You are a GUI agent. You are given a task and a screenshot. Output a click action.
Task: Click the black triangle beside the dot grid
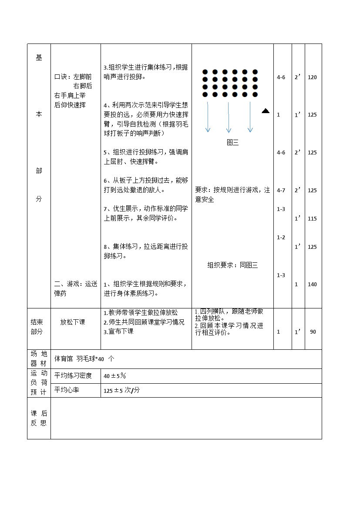click(x=266, y=111)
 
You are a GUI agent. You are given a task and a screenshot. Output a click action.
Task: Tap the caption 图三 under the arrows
click(x=232, y=142)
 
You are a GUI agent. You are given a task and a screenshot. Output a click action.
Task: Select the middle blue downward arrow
click(x=229, y=117)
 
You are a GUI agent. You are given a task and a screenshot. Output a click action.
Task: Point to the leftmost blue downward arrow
click(x=208, y=117)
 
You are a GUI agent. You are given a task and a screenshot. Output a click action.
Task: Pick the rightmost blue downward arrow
click(x=250, y=117)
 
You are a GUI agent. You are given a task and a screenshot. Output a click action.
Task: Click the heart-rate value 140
click(x=312, y=285)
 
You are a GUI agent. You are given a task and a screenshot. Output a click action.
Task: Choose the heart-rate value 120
click(x=312, y=77)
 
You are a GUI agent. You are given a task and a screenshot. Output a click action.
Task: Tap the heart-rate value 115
click(x=312, y=219)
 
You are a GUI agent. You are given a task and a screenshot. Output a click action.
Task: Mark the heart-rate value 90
click(x=313, y=332)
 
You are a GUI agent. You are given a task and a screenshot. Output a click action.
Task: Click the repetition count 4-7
click(x=281, y=190)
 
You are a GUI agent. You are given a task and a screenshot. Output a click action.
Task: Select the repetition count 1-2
click(x=281, y=237)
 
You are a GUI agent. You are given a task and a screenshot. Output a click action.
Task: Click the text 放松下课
click(x=73, y=322)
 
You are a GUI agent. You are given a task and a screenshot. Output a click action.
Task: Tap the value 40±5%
click(x=115, y=376)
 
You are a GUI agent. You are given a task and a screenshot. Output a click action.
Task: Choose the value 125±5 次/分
click(x=122, y=390)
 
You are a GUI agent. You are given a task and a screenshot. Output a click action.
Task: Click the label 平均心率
click(x=67, y=390)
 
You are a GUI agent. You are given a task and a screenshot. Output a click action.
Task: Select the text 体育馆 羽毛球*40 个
click(x=84, y=359)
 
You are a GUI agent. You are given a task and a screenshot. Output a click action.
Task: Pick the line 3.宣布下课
click(x=118, y=332)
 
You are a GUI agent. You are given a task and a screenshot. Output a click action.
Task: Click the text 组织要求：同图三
click(x=232, y=265)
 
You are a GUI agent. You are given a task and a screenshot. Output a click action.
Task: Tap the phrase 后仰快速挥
click(x=70, y=105)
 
